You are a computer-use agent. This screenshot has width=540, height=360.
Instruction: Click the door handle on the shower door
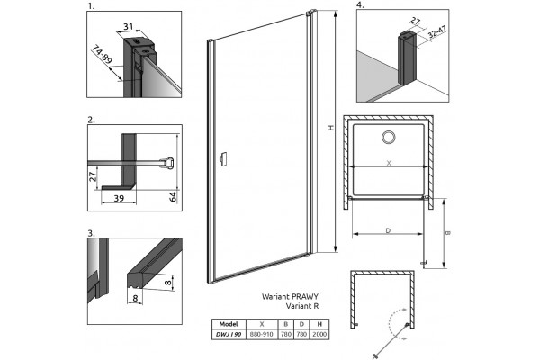point(223,159)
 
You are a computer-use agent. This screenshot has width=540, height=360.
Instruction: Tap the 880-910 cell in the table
point(262,334)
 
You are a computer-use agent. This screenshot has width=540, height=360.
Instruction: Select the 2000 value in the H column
point(319,334)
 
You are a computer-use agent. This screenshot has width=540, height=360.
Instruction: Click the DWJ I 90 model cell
point(229,334)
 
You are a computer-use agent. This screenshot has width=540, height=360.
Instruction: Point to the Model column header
point(229,324)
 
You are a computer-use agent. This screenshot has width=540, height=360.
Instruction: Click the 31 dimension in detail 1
point(128,26)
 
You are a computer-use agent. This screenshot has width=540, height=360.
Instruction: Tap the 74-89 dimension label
point(102,55)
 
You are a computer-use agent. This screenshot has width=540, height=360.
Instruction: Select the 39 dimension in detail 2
point(119,198)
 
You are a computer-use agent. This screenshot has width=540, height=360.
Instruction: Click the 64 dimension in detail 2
point(173,197)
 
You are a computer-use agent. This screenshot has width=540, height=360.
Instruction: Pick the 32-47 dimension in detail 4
point(437,32)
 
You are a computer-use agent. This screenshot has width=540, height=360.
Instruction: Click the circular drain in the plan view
point(389,137)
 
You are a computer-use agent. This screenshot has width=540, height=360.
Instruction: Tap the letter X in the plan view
point(389,163)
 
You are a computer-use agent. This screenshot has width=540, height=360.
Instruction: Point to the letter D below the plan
point(388,230)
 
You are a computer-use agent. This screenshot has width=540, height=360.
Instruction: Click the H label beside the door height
point(331,128)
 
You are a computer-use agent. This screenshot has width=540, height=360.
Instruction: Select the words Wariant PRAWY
point(291,296)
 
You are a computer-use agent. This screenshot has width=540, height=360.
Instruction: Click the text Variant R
point(302,306)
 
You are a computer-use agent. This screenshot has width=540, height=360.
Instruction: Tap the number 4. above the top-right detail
point(360,5)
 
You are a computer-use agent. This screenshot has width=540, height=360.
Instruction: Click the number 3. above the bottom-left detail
point(91,234)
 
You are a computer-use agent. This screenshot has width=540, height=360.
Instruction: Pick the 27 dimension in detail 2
point(93,176)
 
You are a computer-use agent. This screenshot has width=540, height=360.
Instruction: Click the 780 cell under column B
point(286,334)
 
